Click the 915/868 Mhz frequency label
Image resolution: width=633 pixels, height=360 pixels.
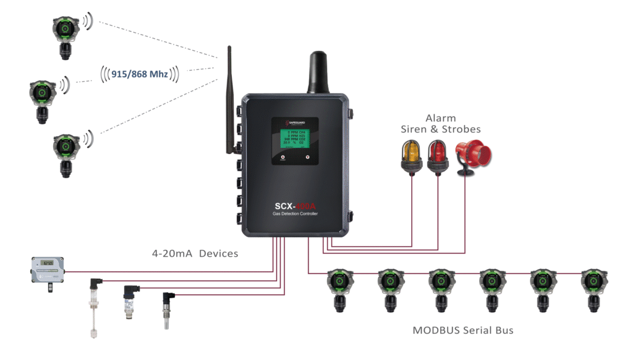click(139, 74)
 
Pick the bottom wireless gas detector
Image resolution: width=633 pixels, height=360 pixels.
click(64, 152)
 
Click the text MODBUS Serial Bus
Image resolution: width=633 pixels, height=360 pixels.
click(463, 330)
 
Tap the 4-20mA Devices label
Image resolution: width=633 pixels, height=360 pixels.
click(195, 254)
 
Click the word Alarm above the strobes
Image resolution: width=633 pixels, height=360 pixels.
click(441, 118)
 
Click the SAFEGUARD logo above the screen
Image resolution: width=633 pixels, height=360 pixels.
click(294, 123)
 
